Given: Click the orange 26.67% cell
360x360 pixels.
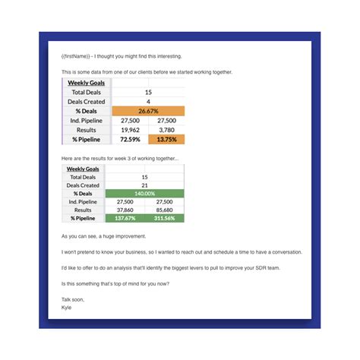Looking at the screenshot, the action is (148, 111).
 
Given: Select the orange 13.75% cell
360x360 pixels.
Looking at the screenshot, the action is (166, 140).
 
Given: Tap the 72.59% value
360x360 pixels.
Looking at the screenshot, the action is (130, 140).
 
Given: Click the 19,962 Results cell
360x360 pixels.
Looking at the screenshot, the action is (130, 130).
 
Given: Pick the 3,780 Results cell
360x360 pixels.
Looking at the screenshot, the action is (166, 130).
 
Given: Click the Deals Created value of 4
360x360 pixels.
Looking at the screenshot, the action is (148, 101).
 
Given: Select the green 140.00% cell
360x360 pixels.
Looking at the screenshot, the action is (144, 194).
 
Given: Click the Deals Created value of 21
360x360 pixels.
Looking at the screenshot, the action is (144, 185).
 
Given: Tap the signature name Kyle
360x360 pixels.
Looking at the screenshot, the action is (67, 308).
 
